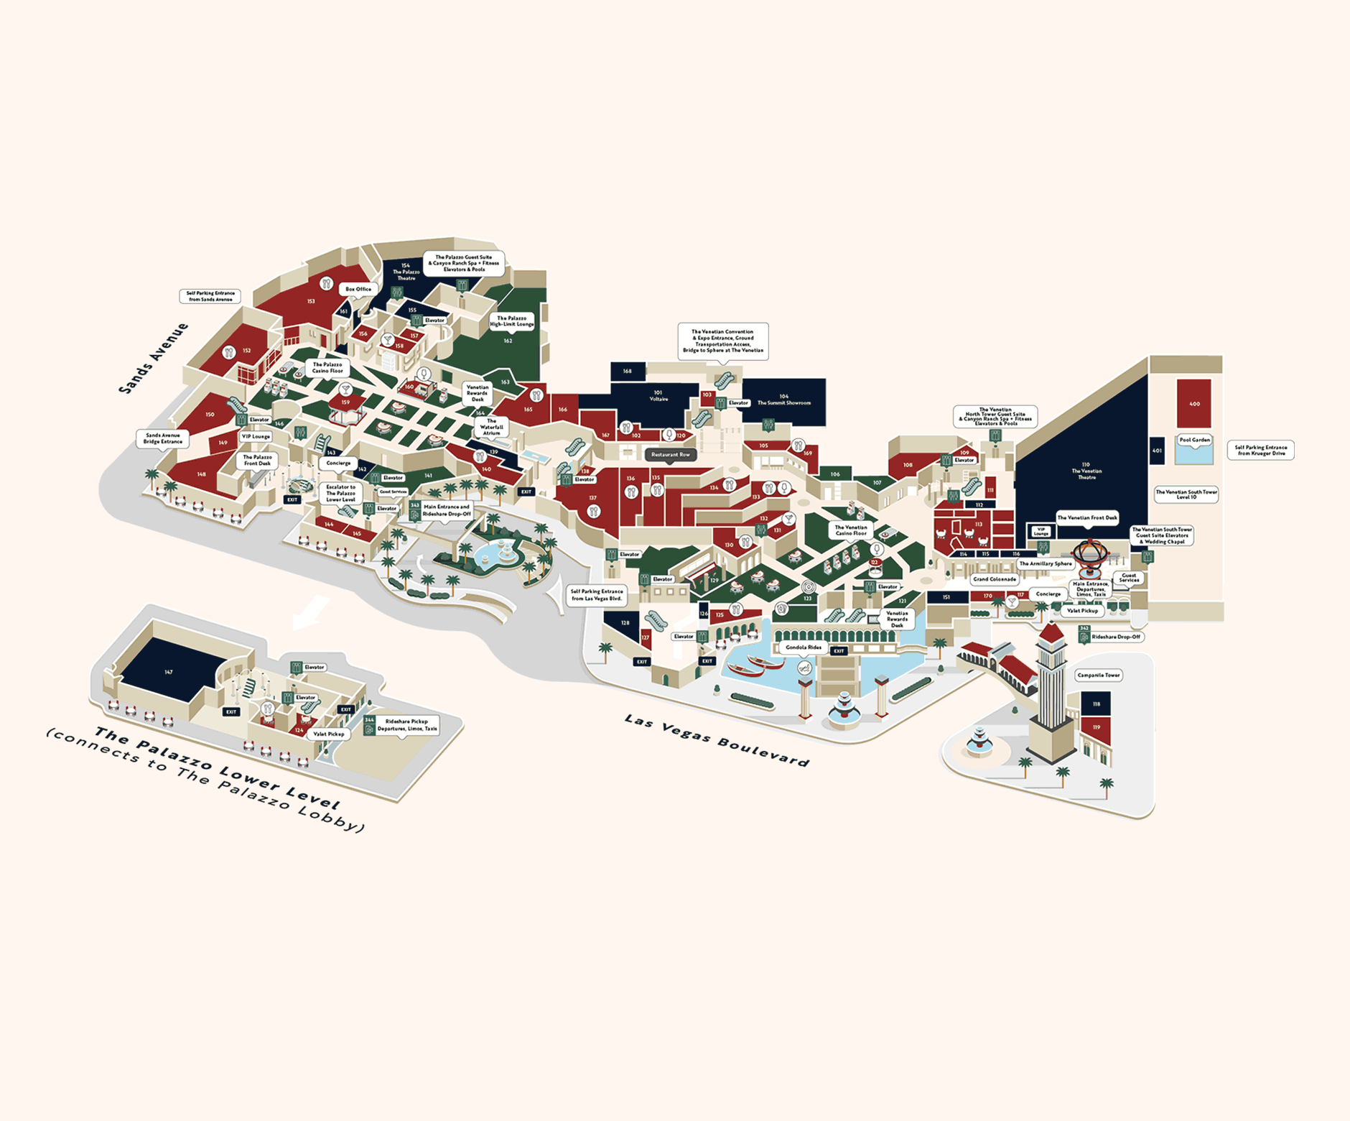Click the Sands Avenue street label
pyautogui.click(x=153, y=359)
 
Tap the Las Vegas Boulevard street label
pyautogui.click(x=716, y=740)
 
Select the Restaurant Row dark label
pyautogui.click(x=670, y=455)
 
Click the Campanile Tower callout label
pyautogui.click(x=1098, y=675)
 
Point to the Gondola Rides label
pyautogui.click(x=803, y=647)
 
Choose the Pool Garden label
pyautogui.click(x=1194, y=440)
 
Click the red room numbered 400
pyautogui.click(x=1193, y=403)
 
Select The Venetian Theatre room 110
pyautogui.click(x=1086, y=471)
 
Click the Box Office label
pyautogui.click(x=358, y=290)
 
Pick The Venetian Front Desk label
pyautogui.click(x=1086, y=518)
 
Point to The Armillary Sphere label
pyautogui.click(x=1045, y=564)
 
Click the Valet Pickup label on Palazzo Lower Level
pyautogui.click(x=328, y=734)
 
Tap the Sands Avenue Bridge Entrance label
pyautogui.click(x=163, y=438)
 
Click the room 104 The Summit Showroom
pyautogui.click(x=783, y=400)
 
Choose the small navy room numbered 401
pyautogui.click(x=1156, y=451)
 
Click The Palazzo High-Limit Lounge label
pyautogui.click(x=511, y=321)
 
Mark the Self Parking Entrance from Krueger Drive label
pyautogui.click(x=1260, y=450)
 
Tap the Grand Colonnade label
pyautogui.click(x=994, y=579)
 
